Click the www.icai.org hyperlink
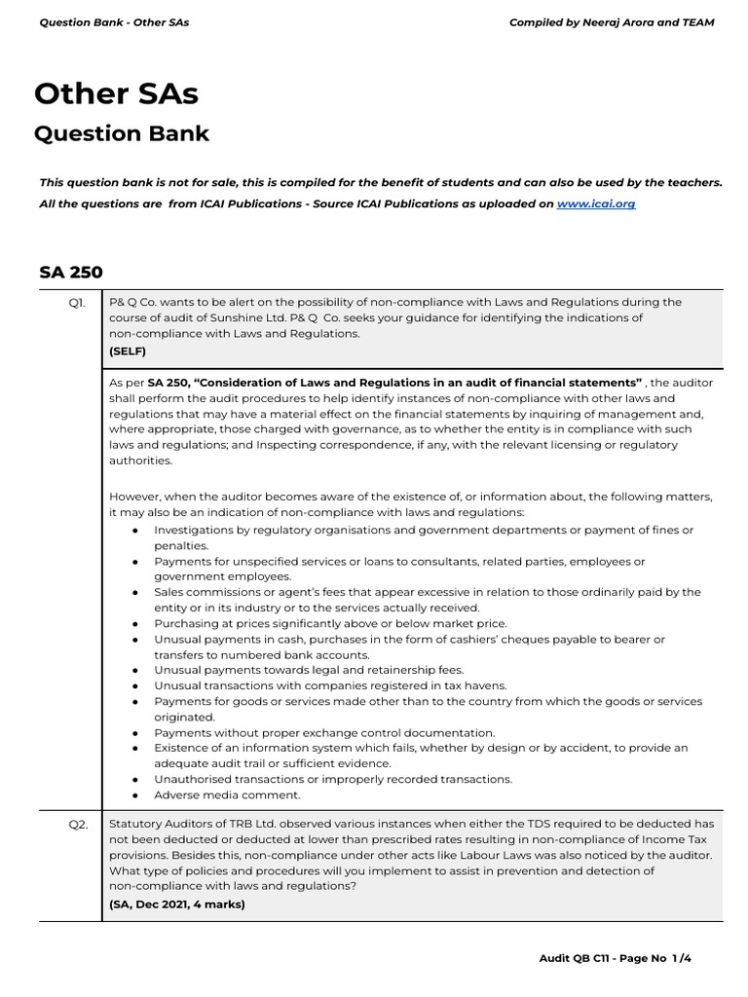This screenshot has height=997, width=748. [x=595, y=204]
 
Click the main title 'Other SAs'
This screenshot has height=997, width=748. [x=116, y=93]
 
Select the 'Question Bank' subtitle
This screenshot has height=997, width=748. [x=122, y=133]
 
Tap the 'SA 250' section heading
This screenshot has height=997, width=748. [x=71, y=272]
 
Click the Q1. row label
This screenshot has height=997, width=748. [x=76, y=303]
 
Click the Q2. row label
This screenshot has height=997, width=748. [x=78, y=824]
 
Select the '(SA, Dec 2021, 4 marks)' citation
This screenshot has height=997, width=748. [x=177, y=903]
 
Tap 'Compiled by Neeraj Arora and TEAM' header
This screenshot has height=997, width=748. [x=612, y=22]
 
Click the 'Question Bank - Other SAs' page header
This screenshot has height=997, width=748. [x=114, y=22]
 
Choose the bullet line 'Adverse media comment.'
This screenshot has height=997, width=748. [x=227, y=794]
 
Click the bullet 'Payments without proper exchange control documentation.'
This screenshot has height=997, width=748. [x=324, y=732]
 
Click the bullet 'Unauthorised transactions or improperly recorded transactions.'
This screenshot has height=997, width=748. [x=333, y=779]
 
